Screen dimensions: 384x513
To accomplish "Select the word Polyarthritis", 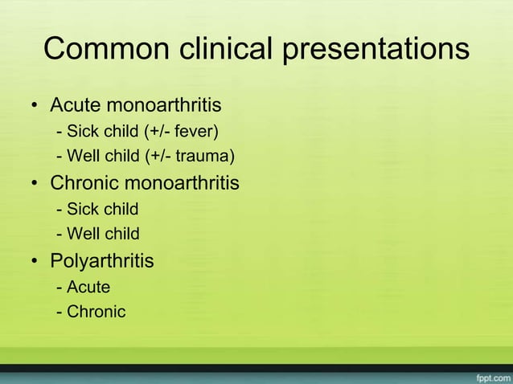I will point(102,261).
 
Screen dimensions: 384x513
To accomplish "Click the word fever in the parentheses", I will point(194,131).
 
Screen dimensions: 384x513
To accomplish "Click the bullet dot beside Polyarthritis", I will point(35,262).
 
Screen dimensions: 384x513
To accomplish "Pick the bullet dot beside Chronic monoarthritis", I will point(35,184).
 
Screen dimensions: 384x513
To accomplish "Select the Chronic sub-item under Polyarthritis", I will point(96,312).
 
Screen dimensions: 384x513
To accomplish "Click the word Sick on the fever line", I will point(82,131).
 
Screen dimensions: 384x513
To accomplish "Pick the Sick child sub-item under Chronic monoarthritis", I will point(101,209).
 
